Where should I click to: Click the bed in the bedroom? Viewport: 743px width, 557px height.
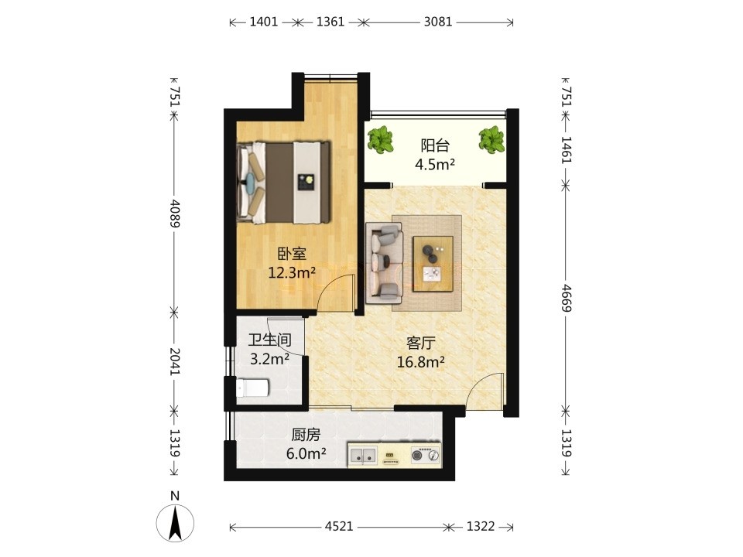coord(283,182)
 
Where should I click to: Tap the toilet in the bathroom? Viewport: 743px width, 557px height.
coord(252,388)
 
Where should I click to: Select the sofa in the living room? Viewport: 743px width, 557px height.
coord(385,264)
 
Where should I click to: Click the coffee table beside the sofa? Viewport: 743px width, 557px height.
coord(433,264)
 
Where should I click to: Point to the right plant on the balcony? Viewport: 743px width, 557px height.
coord(491,140)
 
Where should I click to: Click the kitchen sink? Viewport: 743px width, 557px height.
coord(363,456)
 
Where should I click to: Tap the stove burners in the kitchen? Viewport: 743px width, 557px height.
coord(425,455)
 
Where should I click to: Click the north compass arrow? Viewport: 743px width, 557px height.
coord(176,522)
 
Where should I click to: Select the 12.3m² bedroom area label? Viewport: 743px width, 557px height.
coord(292,273)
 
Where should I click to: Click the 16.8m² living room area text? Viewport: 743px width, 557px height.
coord(421,362)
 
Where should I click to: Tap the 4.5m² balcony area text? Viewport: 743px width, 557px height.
coord(435,164)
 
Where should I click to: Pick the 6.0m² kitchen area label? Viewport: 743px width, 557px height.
coord(306,454)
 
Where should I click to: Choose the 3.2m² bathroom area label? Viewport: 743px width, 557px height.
coord(269,359)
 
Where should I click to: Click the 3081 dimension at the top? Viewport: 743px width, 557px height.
coord(438,22)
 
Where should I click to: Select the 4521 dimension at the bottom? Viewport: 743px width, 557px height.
coord(339,526)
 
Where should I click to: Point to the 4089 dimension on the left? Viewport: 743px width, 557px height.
coord(175,214)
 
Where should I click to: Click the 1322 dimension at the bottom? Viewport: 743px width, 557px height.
coord(481,526)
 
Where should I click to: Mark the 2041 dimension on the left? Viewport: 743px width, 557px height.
coord(175,361)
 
